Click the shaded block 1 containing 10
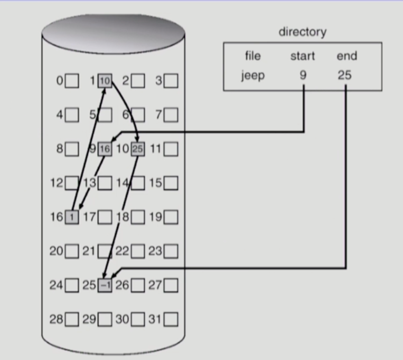(105, 81)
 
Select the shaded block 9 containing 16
(105, 149)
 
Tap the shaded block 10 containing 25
(137, 149)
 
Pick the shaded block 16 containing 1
(71, 217)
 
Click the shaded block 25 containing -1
(105, 285)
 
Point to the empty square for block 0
(72, 81)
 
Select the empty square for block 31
(171, 319)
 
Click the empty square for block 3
(171, 81)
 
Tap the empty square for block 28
(72, 319)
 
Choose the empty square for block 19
(171, 217)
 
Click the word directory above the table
(302, 32)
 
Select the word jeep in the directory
(253, 75)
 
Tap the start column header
(303, 56)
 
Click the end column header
(346, 56)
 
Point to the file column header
(253, 56)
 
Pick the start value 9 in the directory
(303, 75)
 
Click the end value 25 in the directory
(345, 75)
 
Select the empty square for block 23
(171, 251)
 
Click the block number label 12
(57, 183)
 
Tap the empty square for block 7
(171, 115)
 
